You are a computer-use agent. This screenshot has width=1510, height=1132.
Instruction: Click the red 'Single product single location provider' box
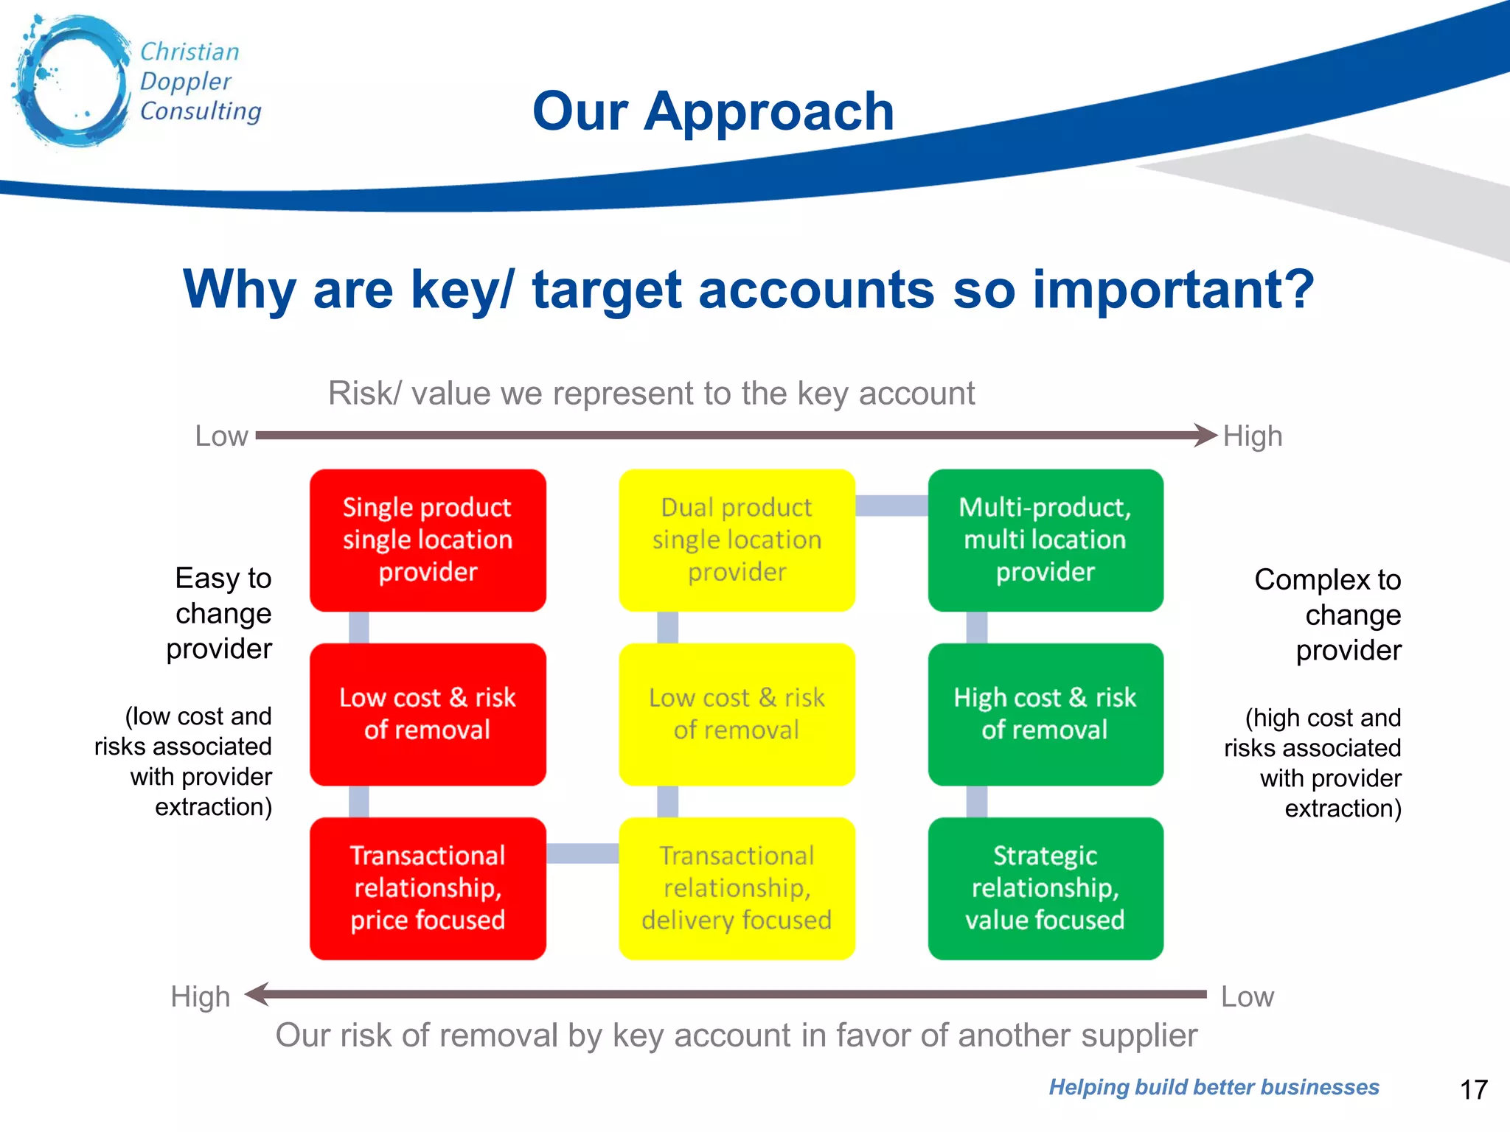coord(428,540)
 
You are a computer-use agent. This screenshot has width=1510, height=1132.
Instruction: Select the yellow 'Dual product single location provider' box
coord(737,540)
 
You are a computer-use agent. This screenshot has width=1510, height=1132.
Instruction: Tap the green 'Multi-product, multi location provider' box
coord(1045,540)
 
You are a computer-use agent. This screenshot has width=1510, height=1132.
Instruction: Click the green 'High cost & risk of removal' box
coord(1045,714)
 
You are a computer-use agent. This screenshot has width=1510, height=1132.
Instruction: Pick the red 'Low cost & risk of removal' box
coord(428,714)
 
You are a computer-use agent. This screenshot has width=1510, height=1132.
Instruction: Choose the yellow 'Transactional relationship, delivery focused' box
coord(737,888)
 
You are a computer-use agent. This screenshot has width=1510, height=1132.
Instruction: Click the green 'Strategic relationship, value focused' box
coord(1045,888)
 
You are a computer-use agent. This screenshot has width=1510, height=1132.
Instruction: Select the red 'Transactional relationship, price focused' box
coord(428,888)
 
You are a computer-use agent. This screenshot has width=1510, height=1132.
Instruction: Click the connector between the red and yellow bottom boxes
coord(582,853)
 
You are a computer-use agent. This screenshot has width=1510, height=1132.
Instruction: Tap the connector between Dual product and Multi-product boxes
coord(891,506)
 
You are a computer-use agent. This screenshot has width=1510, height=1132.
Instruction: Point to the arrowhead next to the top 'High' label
coord(1205,435)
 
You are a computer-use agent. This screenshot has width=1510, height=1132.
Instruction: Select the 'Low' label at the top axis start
coord(221,436)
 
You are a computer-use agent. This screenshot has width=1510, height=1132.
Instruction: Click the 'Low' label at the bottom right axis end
coord(1247,996)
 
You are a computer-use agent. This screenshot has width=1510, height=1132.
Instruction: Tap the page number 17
coord(1473,1089)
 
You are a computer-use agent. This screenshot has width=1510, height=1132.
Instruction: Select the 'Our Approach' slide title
coord(713,111)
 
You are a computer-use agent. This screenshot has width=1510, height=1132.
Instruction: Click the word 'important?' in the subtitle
coord(1173,289)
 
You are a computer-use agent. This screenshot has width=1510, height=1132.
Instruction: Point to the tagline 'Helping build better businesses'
coord(1214,1087)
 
